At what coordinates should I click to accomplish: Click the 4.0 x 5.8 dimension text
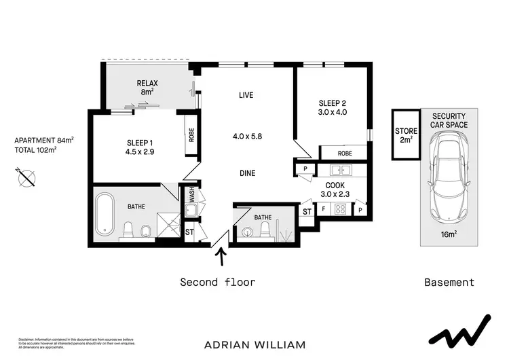click(x=247, y=136)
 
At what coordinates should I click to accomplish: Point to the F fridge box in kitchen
click(x=323, y=209)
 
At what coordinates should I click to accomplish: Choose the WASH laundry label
click(x=192, y=196)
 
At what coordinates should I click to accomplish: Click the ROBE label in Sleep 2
click(x=344, y=153)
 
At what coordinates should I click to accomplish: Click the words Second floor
click(x=217, y=282)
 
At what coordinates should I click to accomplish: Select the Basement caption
click(x=449, y=282)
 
